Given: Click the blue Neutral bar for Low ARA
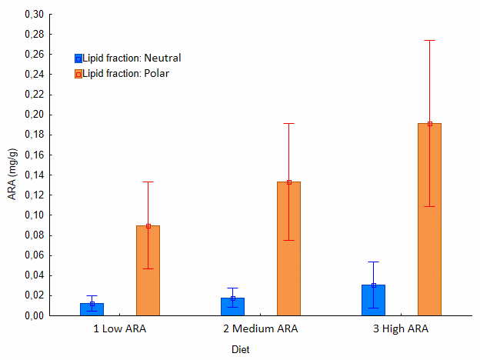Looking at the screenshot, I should pos(92,309).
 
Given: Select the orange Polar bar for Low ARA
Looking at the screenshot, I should pos(148,271).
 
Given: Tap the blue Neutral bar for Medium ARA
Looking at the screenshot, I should pos(232,307).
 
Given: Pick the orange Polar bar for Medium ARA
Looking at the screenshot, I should pos(288,248).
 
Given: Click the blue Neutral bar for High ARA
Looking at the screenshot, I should pos(373,300).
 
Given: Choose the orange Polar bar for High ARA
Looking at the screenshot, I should pos(429,219).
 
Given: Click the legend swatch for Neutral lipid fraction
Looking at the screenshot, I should pos(78,58).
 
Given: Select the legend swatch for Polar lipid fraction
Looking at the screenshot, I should pos(78,74).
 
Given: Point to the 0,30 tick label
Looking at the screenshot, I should pos(34,15).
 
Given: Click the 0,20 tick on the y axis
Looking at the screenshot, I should pos(34,115).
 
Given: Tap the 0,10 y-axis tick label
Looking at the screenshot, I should pos(34,215).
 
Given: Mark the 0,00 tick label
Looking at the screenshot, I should pos(34,315).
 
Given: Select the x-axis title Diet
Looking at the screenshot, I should pos(242,348).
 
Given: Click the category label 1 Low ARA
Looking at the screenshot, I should pos(119,329).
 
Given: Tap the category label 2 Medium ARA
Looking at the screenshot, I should pos(260,329).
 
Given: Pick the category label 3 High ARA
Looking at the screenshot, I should pos(401,329).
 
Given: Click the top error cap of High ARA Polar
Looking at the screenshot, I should pos(429,40).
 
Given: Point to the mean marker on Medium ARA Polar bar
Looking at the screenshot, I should pos(288,182).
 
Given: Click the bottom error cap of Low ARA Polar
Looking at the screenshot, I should pos(148,268).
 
